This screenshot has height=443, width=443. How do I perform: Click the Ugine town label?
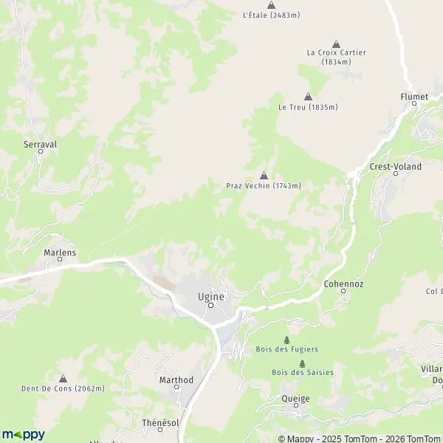[x=210, y=295]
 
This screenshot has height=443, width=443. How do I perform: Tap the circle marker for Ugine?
[x=210, y=305]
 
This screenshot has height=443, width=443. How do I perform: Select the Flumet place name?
[x=413, y=96]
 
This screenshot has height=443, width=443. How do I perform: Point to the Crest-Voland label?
[x=396, y=167]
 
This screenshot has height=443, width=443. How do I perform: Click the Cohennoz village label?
[x=343, y=283]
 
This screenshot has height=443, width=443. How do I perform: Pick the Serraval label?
[x=40, y=145]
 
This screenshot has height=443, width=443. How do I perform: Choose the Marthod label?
[x=176, y=380]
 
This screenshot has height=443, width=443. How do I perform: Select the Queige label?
[x=275, y=398]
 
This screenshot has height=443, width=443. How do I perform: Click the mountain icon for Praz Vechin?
[x=264, y=176]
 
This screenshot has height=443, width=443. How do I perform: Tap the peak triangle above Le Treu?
[x=308, y=97]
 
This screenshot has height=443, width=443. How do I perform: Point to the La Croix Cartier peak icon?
[x=337, y=44]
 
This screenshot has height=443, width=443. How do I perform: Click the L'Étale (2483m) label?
[x=271, y=15]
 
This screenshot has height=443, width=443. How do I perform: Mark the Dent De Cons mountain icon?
[x=63, y=378]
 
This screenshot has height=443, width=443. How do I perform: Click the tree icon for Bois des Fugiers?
[x=286, y=340]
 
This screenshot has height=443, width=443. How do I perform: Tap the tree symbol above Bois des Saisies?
[x=302, y=363]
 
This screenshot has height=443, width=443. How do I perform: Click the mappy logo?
[x=23, y=435]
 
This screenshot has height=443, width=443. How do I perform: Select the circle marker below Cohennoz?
[x=343, y=291]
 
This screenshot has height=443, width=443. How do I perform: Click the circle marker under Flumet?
[x=413, y=103]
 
